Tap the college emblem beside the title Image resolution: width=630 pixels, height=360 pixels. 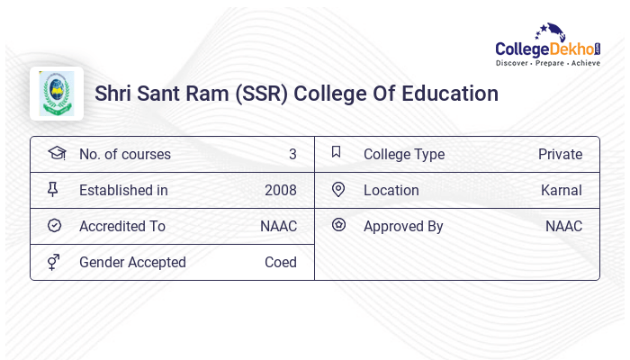57,94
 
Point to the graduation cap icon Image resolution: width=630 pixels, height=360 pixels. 57,154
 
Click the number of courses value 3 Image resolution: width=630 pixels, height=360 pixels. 292,154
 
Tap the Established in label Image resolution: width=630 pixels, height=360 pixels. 123,190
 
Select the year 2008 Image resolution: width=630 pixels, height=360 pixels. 281,190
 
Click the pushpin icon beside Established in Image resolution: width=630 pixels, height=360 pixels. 53,190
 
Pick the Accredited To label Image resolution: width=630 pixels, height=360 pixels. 122,226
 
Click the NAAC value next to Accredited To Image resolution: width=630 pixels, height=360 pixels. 278,226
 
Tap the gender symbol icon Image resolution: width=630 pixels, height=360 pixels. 53,262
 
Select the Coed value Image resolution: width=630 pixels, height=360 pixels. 281,262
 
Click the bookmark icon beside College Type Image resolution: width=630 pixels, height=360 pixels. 337,153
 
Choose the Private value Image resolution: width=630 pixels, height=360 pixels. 560,154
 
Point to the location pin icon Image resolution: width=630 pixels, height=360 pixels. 338,190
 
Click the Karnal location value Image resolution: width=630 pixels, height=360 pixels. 562,190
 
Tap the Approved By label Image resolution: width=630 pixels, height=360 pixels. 403,226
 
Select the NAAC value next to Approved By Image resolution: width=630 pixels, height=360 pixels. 563,226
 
